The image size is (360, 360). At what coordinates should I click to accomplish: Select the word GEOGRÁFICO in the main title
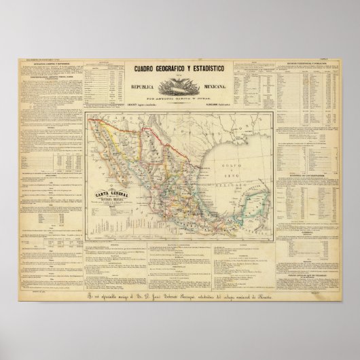tap(168, 67)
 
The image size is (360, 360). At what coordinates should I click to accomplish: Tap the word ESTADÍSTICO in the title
tap(211, 67)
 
